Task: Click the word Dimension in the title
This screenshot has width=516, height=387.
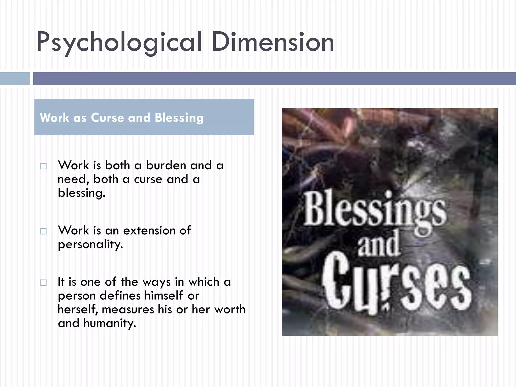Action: click(x=273, y=42)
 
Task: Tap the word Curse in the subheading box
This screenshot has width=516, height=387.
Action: click(x=108, y=118)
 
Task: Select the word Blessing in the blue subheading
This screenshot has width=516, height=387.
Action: click(x=179, y=118)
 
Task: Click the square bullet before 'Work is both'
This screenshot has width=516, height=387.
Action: click(x=43, y=166)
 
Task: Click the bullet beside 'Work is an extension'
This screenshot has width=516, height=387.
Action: click(x=43, y=231)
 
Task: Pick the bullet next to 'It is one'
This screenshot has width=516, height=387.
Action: click(x=43, y=283)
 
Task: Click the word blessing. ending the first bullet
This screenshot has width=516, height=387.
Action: click(x=81, y=193)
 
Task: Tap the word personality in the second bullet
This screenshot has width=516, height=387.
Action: click(x=90, y=244)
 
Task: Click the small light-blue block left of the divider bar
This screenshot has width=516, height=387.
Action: click(x=15, y=79)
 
